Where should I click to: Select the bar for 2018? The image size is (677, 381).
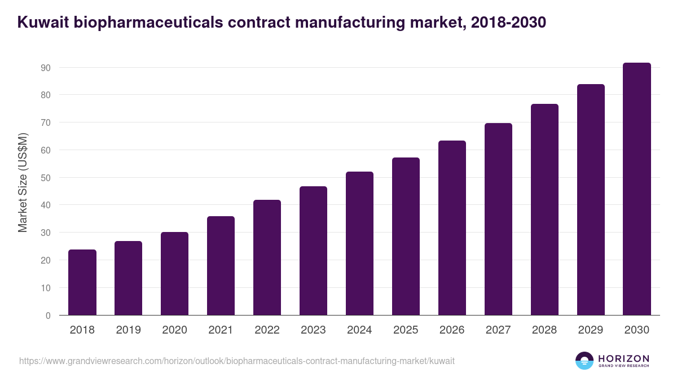tap(82, 282)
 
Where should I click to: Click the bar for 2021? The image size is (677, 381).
tap(221, 265)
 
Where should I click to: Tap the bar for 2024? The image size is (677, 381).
tap(359, 243)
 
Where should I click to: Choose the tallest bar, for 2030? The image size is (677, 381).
tap(637, 189)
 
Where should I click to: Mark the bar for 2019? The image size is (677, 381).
tap(128, 278)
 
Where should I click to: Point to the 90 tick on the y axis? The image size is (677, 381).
tap(46, 68)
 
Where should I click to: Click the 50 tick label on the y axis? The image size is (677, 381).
tap(46, 178)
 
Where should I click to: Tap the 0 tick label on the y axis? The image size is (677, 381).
tap(48, 316)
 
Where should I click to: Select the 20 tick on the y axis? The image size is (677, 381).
tap(46, 260)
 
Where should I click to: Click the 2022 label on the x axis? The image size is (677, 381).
tap(267, 330)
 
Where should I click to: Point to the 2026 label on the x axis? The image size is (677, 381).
tap(452, 330)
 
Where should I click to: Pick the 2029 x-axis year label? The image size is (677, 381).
tap(591, 330)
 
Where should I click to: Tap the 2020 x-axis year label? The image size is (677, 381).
tap(174, 330)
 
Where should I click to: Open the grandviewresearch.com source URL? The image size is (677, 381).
tap(236, 361)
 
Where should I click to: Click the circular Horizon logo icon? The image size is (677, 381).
tap(584, 361)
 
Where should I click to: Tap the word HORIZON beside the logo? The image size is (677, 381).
tap(623, 358)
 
